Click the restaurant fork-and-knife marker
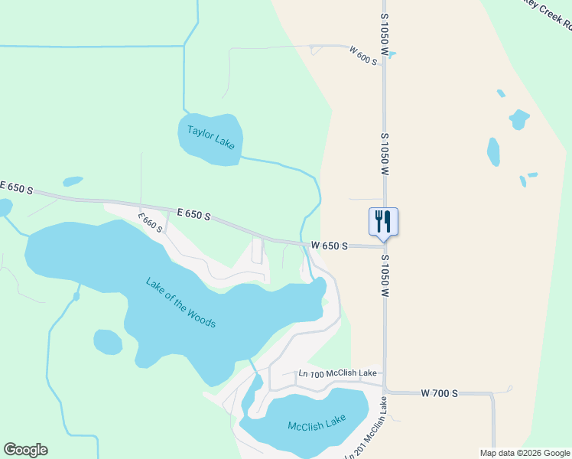coord(383,222)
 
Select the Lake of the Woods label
coord(180,302)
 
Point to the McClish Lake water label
coord(317,422)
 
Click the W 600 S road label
coord(363,55)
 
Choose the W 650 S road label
coord(330,246)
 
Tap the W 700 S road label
coord(439,392)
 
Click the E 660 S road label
coord(151,223)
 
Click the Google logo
coord(25,450)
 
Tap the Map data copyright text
coord(525,453)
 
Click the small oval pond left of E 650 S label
coord(73,182)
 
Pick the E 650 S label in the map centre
coord(193,215)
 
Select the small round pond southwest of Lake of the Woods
coord(107,342)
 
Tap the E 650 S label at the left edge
coord(15,187)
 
